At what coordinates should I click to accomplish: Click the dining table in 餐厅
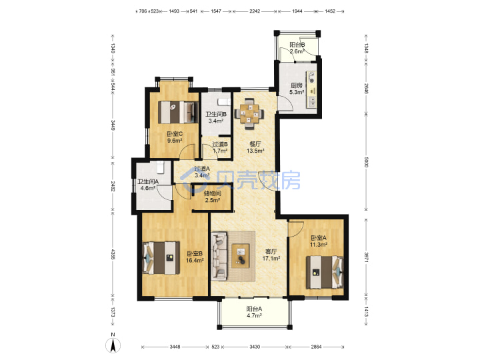[x=249, y=114]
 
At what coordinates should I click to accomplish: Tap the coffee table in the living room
[x=240, y=256]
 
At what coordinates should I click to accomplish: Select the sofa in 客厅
[x=219, y=256]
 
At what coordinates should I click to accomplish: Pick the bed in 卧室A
[x=325, y=272]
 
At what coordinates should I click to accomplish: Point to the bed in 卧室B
[x=161, y=258]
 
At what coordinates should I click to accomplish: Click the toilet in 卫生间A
[x=161, y=167]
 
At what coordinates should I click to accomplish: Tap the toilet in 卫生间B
[x=224, y=102]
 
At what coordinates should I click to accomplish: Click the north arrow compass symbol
[x=113, y=344]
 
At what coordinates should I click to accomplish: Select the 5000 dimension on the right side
[x=366, y=162]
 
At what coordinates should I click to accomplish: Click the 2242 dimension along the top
[x=255, y=11]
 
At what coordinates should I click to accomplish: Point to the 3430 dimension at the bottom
[x=255, y=347]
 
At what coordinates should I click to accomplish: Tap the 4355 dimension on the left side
[x=113, y=255]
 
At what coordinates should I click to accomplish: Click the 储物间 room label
[x=213, y=193]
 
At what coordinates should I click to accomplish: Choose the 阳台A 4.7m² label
[x=254, y=312]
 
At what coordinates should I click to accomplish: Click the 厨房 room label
[x=296, y=85]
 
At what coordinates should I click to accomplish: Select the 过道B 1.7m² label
[x=220, y=147]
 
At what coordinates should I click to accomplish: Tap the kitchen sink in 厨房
[x=311, y=102]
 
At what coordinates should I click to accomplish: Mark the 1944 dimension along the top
[x=297, y=11]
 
